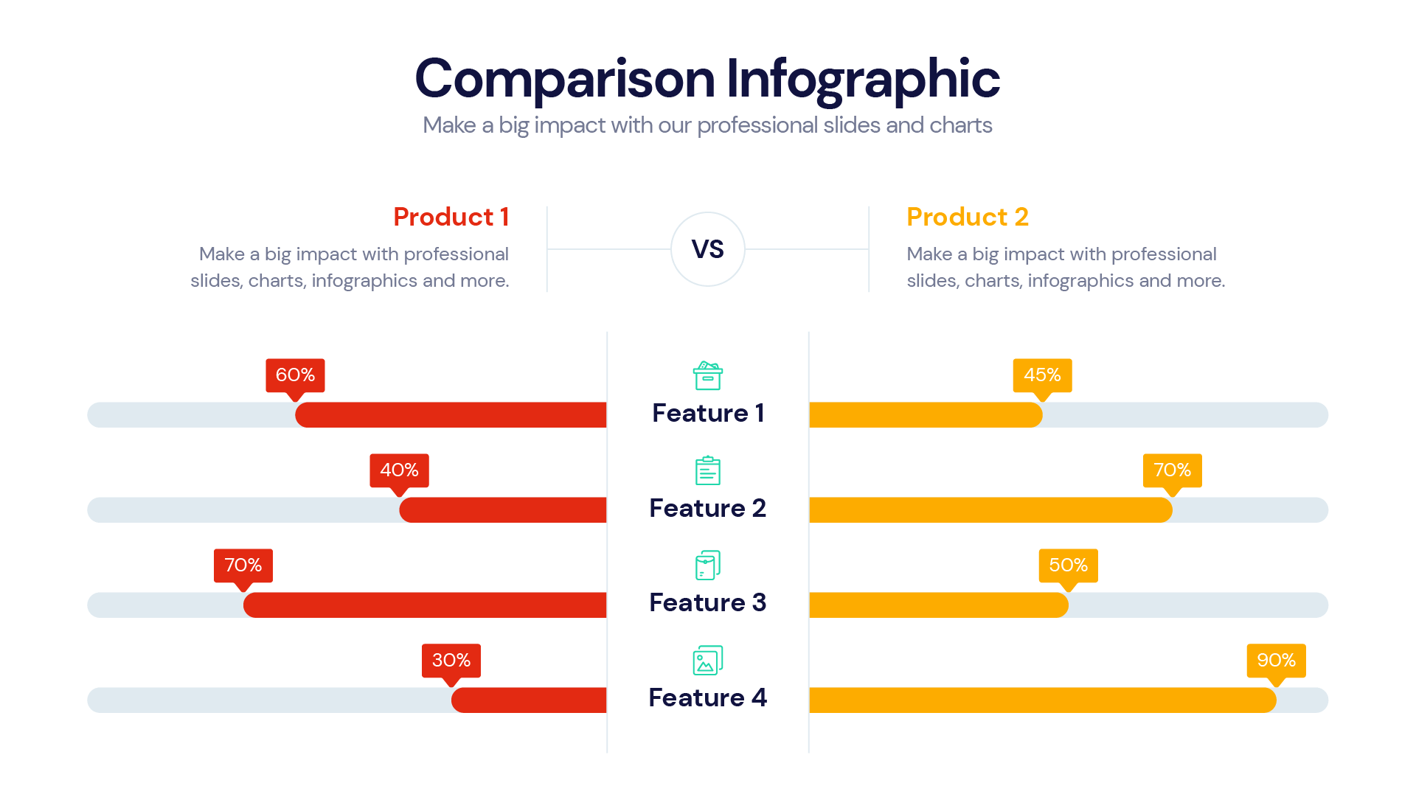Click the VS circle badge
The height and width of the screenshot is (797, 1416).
(707, 249)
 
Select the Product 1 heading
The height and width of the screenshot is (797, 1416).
(451, 217)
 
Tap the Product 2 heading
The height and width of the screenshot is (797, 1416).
(967, 217)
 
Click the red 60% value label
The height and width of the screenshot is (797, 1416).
(295, 375)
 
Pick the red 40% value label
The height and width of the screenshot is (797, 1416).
(399, 470)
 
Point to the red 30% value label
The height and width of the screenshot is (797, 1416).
(451, 661)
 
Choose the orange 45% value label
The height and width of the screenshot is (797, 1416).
(1042, 375)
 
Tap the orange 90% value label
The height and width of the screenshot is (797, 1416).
(1276, 661)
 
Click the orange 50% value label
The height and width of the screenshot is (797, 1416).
(1068, 565)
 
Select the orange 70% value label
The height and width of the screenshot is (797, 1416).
(1172, 470)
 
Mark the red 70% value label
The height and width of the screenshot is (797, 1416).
(243, 565)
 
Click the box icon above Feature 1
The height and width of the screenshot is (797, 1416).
(707, 375)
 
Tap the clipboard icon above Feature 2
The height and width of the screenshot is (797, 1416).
(707, 470)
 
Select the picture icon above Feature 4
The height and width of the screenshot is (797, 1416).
(707, 661)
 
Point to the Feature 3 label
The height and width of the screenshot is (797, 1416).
(707, 602)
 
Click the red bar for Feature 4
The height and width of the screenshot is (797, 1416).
(530, 700)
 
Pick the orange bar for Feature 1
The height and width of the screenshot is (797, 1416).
(926, 415)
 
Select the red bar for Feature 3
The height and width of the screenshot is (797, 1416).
(426, 605)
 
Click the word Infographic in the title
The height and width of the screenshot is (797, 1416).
(863, 78)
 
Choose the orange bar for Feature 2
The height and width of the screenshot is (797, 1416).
(990, 510)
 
